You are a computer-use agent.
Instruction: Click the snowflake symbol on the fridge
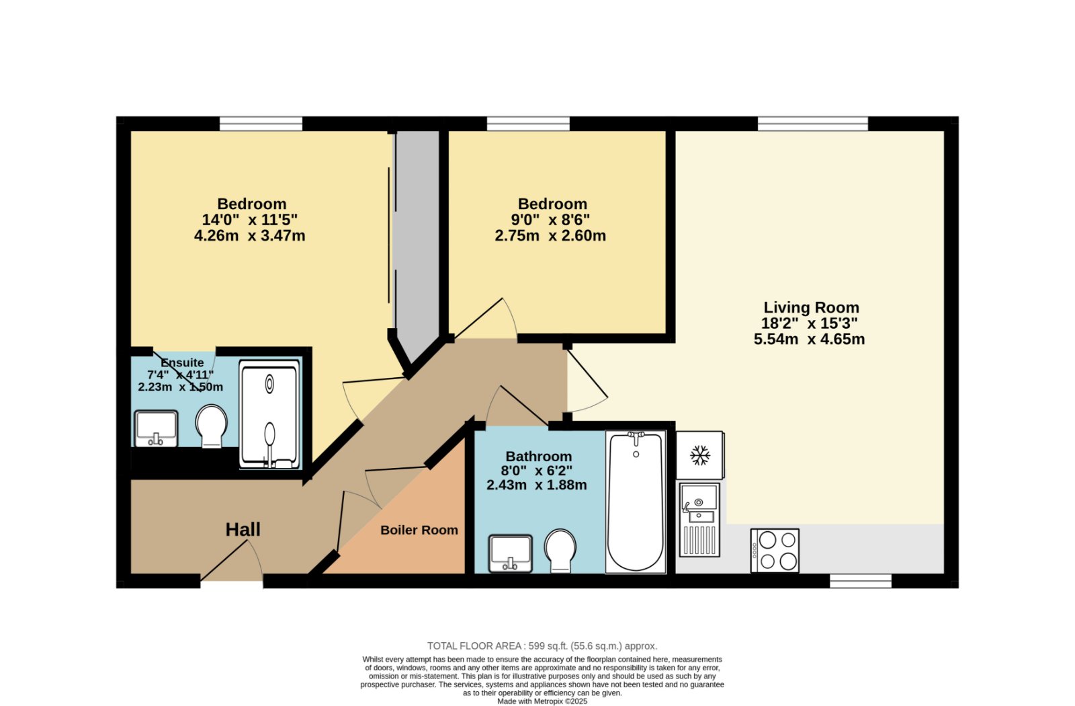(x=700, y=455)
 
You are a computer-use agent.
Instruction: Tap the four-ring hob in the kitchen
(x=775, y=551)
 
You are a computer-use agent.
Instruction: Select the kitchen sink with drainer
(x=699, y=520)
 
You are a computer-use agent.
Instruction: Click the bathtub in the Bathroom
(x=636, y=502)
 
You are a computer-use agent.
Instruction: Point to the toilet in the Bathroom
(x=560, y=551)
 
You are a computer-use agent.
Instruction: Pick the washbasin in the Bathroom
(x=511, y=554)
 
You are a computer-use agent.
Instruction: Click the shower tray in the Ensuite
(x=269, y=415)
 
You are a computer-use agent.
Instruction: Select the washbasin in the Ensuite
(x=156, y=428)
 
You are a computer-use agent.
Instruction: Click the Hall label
(x=243, y=530)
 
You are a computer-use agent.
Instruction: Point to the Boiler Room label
(x=419, y=531)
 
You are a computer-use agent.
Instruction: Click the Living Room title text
(x=811, y=307)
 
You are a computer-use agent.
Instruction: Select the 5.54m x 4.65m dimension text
(x=809, y=339)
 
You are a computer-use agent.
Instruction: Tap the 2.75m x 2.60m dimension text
(x=550, y=236)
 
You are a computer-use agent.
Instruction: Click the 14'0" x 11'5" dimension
(x=249, y=220)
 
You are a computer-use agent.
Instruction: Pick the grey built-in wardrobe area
(x=417, y=240)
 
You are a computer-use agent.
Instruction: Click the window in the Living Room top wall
(x=813, y=124)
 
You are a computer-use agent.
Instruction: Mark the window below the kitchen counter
(x=861, y=581)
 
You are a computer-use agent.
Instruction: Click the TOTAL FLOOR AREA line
(x=542, y=646)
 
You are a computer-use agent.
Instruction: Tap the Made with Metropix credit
(x=542, y=701)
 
